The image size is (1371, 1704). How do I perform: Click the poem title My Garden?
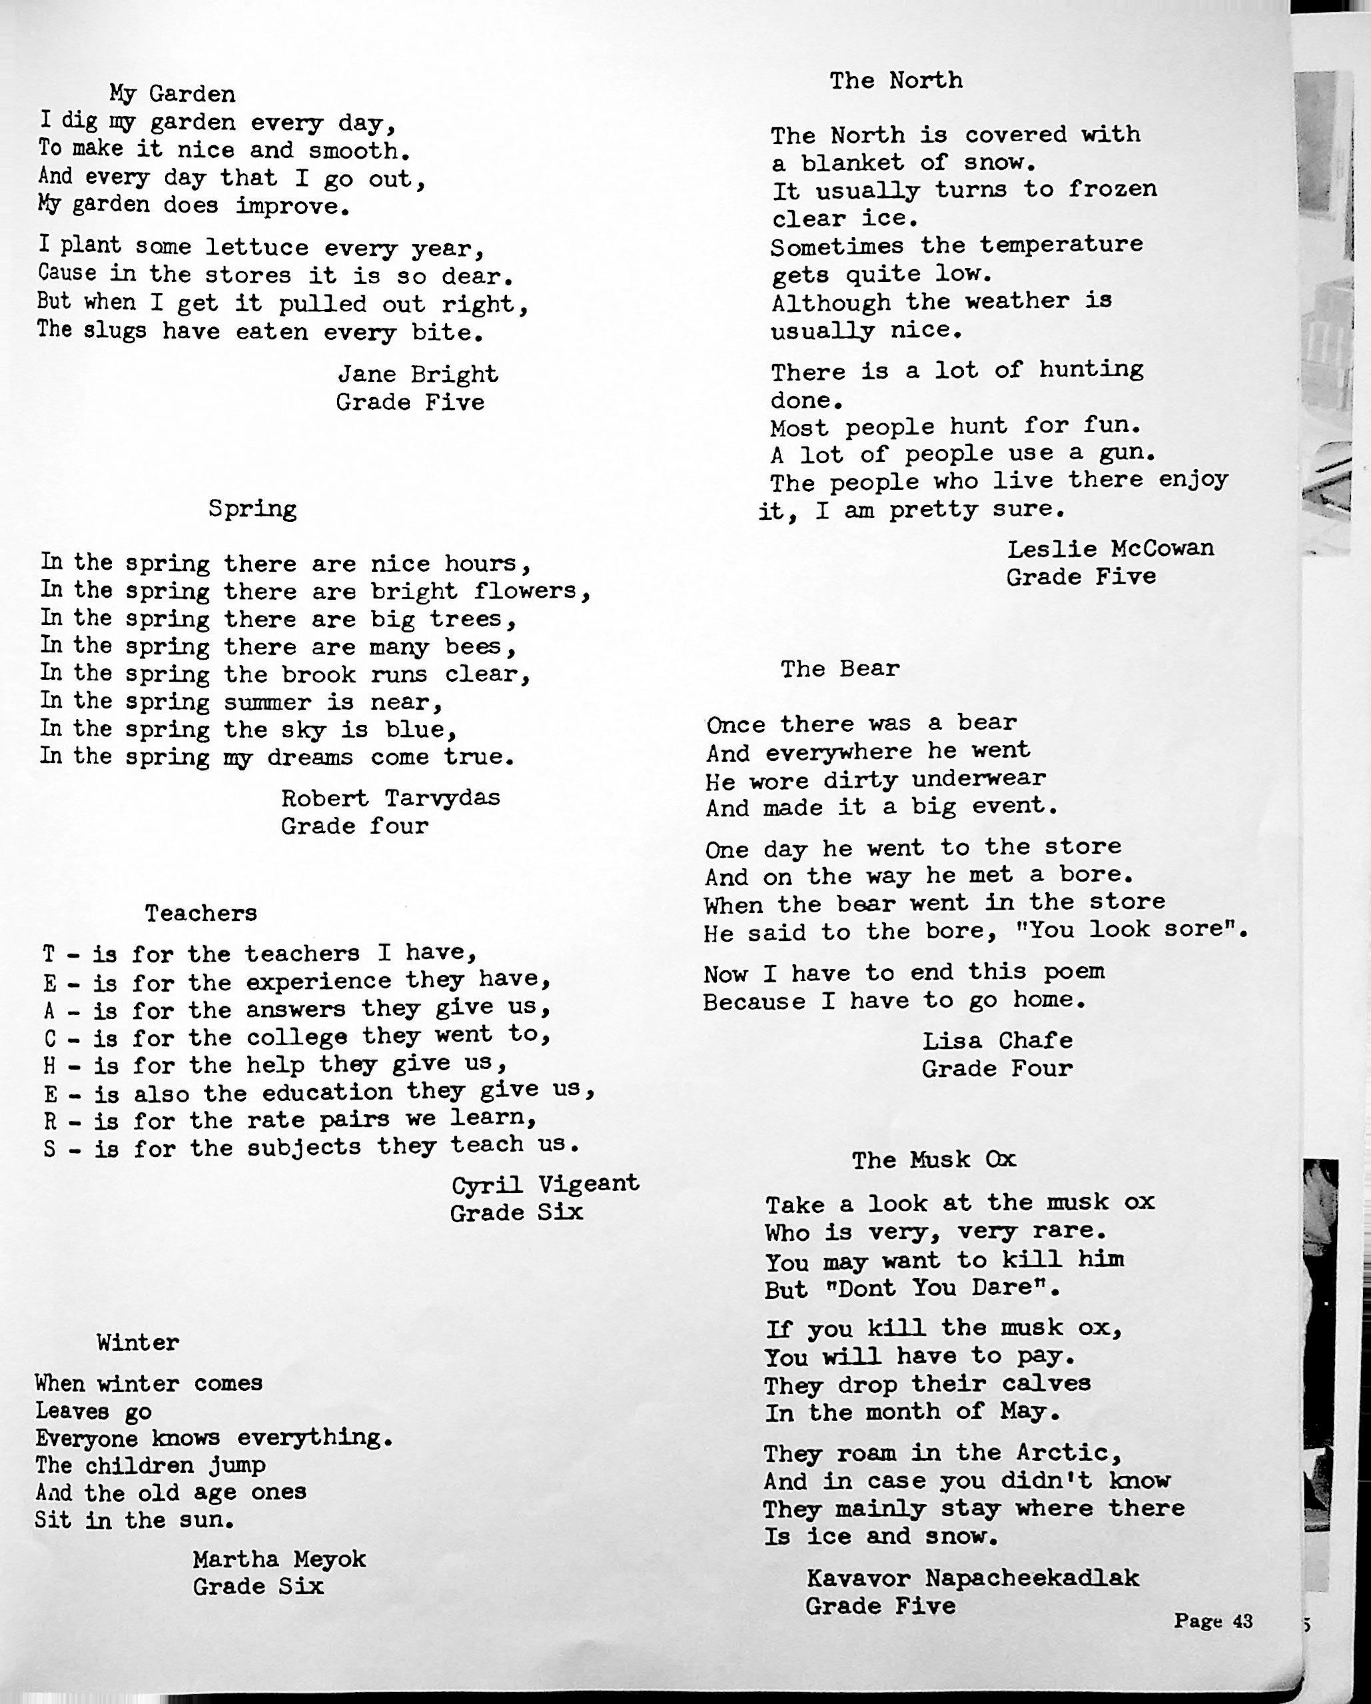(x=173, y=95)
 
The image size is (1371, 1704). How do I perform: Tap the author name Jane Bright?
(x=418, y=374)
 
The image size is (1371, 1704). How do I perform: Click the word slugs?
(x=115, y=331)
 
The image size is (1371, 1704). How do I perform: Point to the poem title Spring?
(x=252, y=509)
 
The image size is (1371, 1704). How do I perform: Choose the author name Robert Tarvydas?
(x=390, y=798)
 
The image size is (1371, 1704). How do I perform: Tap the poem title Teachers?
(x=201, y=914)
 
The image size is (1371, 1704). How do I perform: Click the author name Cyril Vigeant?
(x=544, y=1184)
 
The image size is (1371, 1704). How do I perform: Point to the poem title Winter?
(x=139, y=1342)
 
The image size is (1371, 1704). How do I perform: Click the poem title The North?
(x=896, y=81)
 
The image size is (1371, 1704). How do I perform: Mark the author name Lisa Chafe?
(x=997, y=1040)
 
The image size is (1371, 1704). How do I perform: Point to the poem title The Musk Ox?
(x=933, y=1160)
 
